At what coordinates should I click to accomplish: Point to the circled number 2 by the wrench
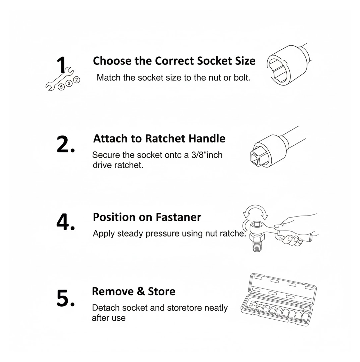point(77,80)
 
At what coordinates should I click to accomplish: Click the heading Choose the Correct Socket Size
point(174,61)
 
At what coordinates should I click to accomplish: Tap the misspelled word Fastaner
point(178,217)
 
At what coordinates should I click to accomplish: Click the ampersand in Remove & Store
point(140,291)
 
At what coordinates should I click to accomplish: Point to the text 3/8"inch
point(207,155)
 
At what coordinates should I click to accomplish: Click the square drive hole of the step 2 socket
point(256,159)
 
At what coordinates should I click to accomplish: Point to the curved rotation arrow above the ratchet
point(256,209)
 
